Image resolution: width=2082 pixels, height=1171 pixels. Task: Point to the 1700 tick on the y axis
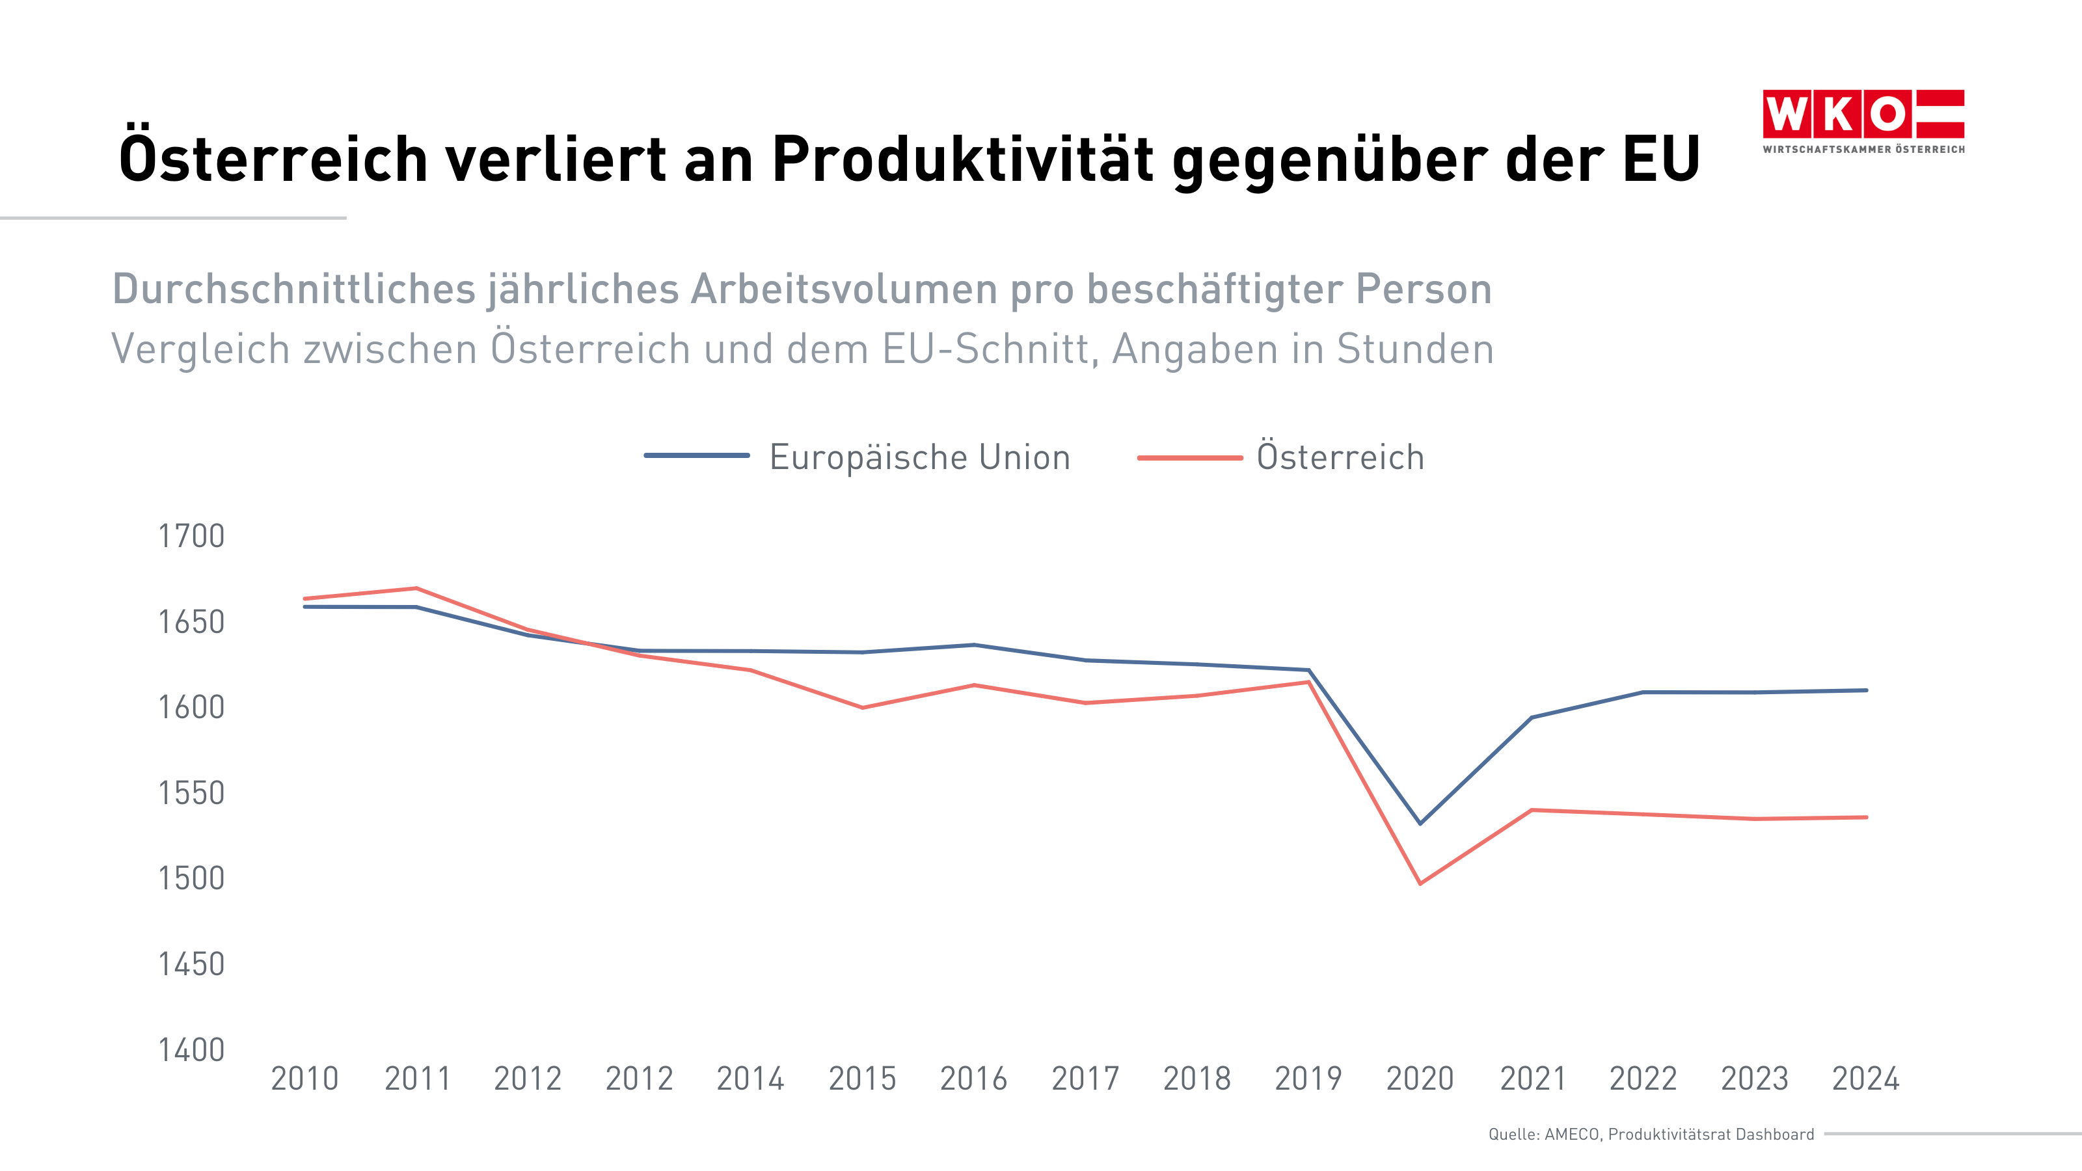click(191, 537)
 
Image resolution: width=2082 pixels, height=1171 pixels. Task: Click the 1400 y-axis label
click(191, 1050)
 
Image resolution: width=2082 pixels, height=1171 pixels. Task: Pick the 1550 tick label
click(191, 794)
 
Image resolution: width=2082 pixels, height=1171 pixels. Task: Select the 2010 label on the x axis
click(304, 1079)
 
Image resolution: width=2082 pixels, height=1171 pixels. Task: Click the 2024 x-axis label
click(1865, 1079)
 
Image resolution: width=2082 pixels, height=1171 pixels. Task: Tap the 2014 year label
click(750, 1079)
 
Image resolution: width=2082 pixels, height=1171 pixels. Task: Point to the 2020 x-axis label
click(1420, 1079)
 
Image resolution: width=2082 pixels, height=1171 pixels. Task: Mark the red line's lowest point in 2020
click(1420, 883)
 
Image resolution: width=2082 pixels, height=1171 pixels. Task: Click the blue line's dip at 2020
click(1420, 824)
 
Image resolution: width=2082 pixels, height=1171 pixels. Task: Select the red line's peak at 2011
click(416, 587)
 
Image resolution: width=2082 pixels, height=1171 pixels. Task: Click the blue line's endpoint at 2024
click(1865, 690)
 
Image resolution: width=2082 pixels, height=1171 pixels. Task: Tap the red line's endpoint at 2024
click(1865, 817)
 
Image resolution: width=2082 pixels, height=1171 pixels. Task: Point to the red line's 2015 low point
click(862, 708)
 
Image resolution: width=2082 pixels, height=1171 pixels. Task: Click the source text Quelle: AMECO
click(1544, 1135)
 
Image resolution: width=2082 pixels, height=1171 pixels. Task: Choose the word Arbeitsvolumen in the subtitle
click(844, 289)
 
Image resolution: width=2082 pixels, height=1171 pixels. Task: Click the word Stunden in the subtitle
click(1414, 349)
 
